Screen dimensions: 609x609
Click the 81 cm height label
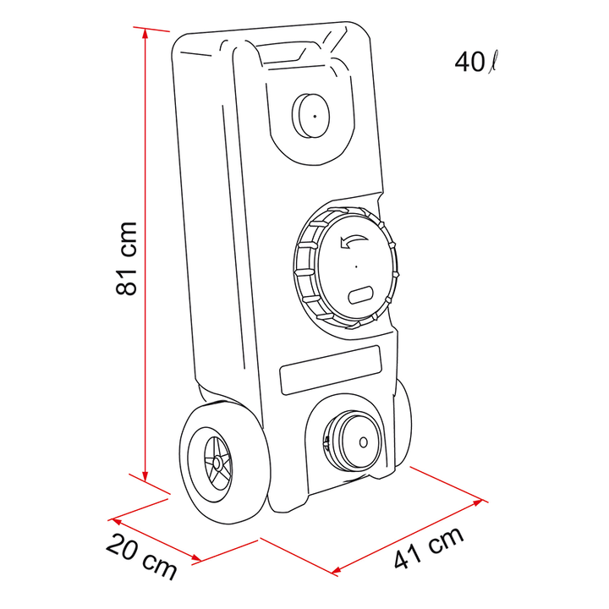(127, 259)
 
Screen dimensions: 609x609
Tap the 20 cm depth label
(141, 557)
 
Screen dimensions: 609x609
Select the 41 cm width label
(429, 548)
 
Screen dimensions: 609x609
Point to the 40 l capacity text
(475, 62)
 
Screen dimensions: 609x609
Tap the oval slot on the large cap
(361, 295)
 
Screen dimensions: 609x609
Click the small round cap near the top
(310, 115)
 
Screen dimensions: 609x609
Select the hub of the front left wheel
(217, 463)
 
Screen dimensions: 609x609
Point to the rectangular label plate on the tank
(330, 370)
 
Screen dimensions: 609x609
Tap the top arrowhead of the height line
(145, 33)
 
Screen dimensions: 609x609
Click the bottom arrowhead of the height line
(145, 476)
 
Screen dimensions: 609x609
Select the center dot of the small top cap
(315, 116)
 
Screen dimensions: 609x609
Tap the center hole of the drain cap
(364, 442)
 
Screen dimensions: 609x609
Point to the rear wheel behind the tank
(403, 421)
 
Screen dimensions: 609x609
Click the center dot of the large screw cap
(356, 266)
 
